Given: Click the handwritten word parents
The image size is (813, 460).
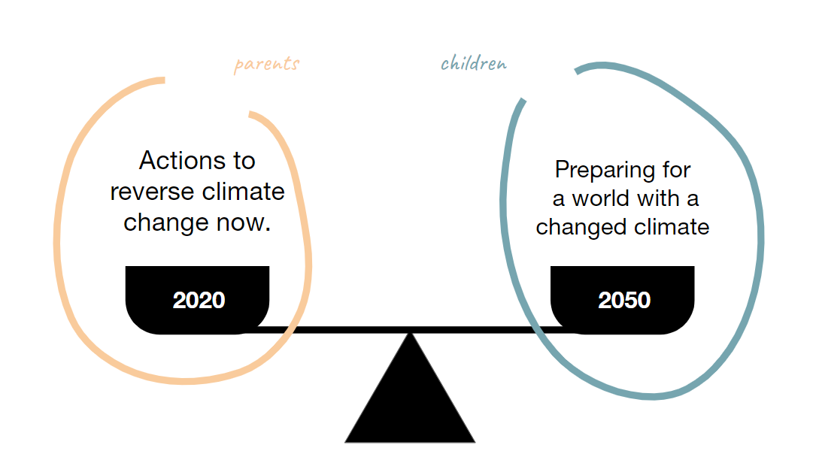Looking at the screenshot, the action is pyautogui.click(x=266, y=64).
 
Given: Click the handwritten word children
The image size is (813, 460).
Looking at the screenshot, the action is pyautogui.click(x=473, y=63).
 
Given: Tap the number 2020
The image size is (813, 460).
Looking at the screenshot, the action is pyautogui.click(x=199, y=301).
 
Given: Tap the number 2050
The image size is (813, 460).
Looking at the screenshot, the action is pyautogui.click(x=624, y=301).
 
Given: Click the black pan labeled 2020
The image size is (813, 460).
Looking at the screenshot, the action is pyautogui.click(x=198, y=300).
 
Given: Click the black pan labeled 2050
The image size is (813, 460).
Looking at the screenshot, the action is pyautogui.click(x=622, y=300).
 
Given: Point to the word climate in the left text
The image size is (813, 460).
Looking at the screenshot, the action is pyautogui.click(x=243, y=192).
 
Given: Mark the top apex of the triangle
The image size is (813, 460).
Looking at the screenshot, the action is pyautogui.click(x=410, y=333).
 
